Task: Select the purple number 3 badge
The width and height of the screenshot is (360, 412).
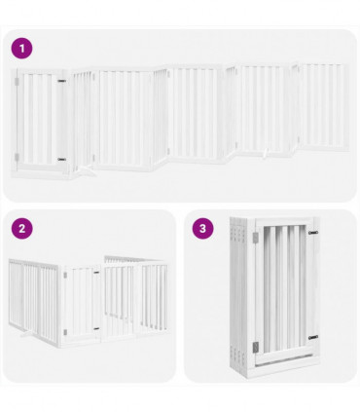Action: click(x=202, y=229)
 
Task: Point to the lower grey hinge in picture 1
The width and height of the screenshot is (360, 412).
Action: click(x=61, y=159)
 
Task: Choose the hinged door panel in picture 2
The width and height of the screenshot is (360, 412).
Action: click(x=83, y=304)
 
